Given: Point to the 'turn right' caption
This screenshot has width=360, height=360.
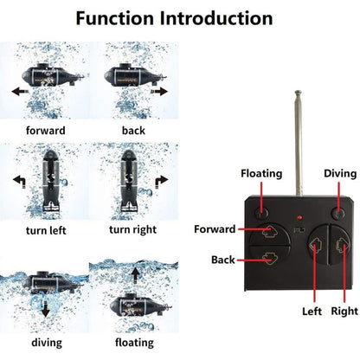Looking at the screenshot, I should [x=133, y=229].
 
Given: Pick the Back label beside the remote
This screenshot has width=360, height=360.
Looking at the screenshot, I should [x=222, y=259].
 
